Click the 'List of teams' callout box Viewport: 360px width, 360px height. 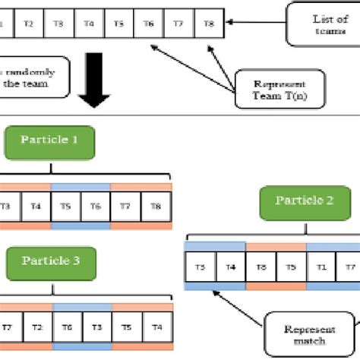pos(322,24)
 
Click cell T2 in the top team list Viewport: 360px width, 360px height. pos(28,24)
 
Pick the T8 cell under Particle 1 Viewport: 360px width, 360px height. pos(156,205)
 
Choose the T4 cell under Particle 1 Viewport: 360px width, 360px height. pos(36,205)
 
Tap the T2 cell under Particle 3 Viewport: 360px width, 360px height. pos(36,327)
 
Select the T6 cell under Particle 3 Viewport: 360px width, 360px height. pos(67,327)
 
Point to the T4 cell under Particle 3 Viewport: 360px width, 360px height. pos(156,327)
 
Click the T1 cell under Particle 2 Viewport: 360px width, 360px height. pos(321,267)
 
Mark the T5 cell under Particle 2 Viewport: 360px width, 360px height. pos(291,267)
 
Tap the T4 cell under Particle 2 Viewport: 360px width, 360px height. pos(231,267)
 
